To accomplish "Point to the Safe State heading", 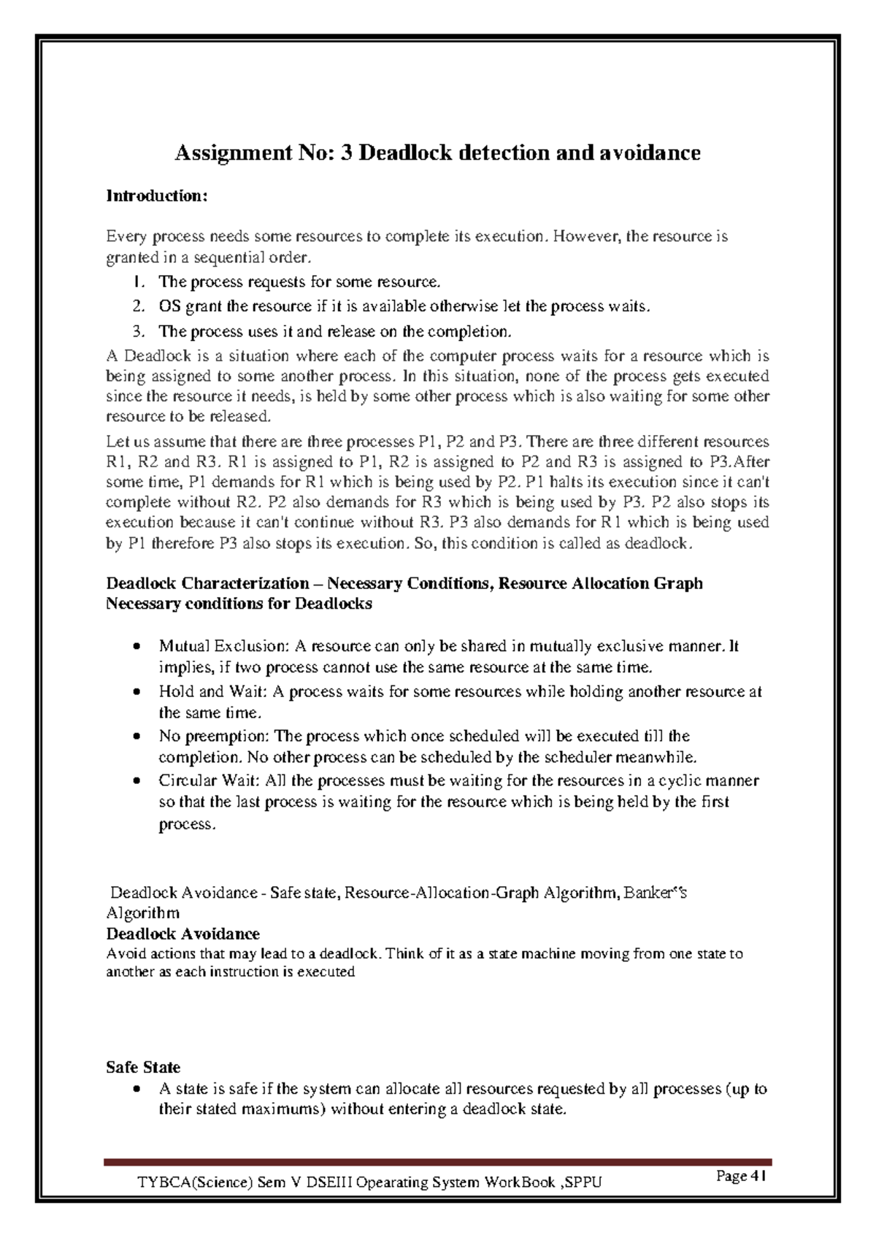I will (x=143, y=1067).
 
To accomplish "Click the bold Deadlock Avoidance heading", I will (x=182, y=934).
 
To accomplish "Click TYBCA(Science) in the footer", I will (x=196, y=1183).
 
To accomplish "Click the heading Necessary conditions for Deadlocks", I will (x=239, y=604).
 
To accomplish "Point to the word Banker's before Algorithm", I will (x=655, y=893).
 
